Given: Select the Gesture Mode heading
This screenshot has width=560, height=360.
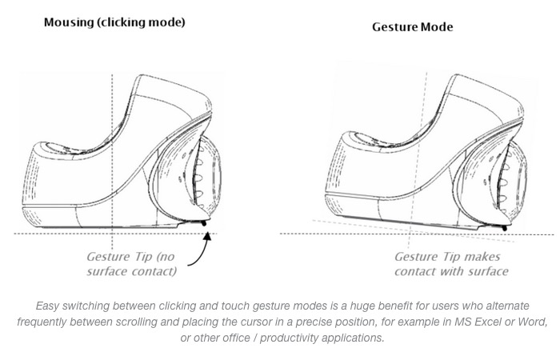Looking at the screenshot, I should pos(412,26).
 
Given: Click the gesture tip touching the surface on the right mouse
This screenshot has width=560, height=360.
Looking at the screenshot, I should pos(505,227).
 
